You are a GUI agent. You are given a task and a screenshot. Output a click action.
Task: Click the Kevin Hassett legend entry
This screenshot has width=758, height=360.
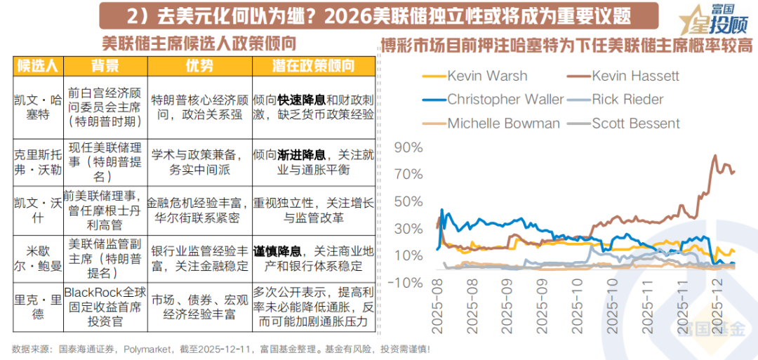click(x=635, y=76)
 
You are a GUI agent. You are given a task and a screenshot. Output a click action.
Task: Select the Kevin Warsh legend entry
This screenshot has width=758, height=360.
click(x=487, y=76)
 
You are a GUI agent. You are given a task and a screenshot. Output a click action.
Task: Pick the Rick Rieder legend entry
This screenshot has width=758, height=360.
click(x=627, y=100)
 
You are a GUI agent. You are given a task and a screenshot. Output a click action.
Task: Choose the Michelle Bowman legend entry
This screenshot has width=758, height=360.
click(x=503, y=124)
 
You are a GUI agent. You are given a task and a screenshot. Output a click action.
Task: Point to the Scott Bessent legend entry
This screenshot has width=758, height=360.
click(x=635, y=124)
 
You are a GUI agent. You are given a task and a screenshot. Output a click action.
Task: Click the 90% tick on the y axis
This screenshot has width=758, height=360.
click(x=408, y=148)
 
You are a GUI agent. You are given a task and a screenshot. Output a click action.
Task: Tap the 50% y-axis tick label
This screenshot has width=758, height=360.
click(x=408, y=201)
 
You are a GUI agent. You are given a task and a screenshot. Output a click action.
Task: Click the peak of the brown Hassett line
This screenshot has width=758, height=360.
click(x=715, y=156)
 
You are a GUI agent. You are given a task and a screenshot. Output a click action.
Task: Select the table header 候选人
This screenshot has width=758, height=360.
click(x=38, y=67)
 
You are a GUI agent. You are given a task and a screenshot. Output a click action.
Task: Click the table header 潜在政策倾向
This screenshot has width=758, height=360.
click(x=313, y=67)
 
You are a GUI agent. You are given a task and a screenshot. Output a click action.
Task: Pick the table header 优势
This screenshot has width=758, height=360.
click(x=199, y=67)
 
